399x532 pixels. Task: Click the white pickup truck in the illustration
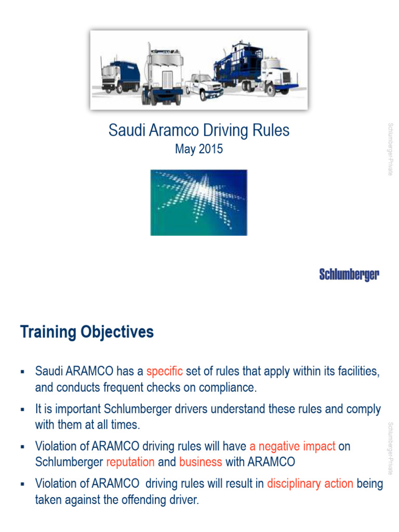tap(204, 86)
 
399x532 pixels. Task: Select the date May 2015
tap(199, 149)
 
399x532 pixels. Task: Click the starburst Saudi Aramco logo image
tap(199, 202)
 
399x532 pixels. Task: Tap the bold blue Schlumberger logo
tap(349, 275)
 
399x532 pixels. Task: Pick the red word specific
tap(165, 371)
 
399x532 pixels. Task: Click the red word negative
tap(280, 446)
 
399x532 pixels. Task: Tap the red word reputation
tap(130, 462)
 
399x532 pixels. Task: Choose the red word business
tap(201, 462)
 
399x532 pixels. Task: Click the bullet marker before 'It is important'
tap(22, 410)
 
